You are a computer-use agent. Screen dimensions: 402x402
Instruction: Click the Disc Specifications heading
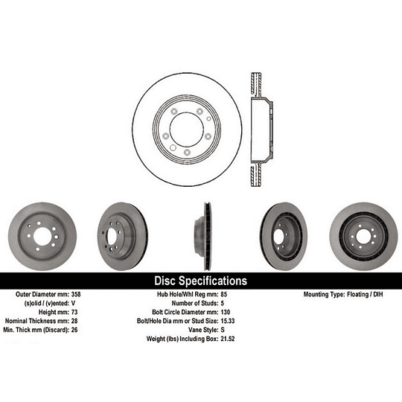point(200,281)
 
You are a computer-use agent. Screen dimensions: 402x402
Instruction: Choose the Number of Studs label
point(196,304)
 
